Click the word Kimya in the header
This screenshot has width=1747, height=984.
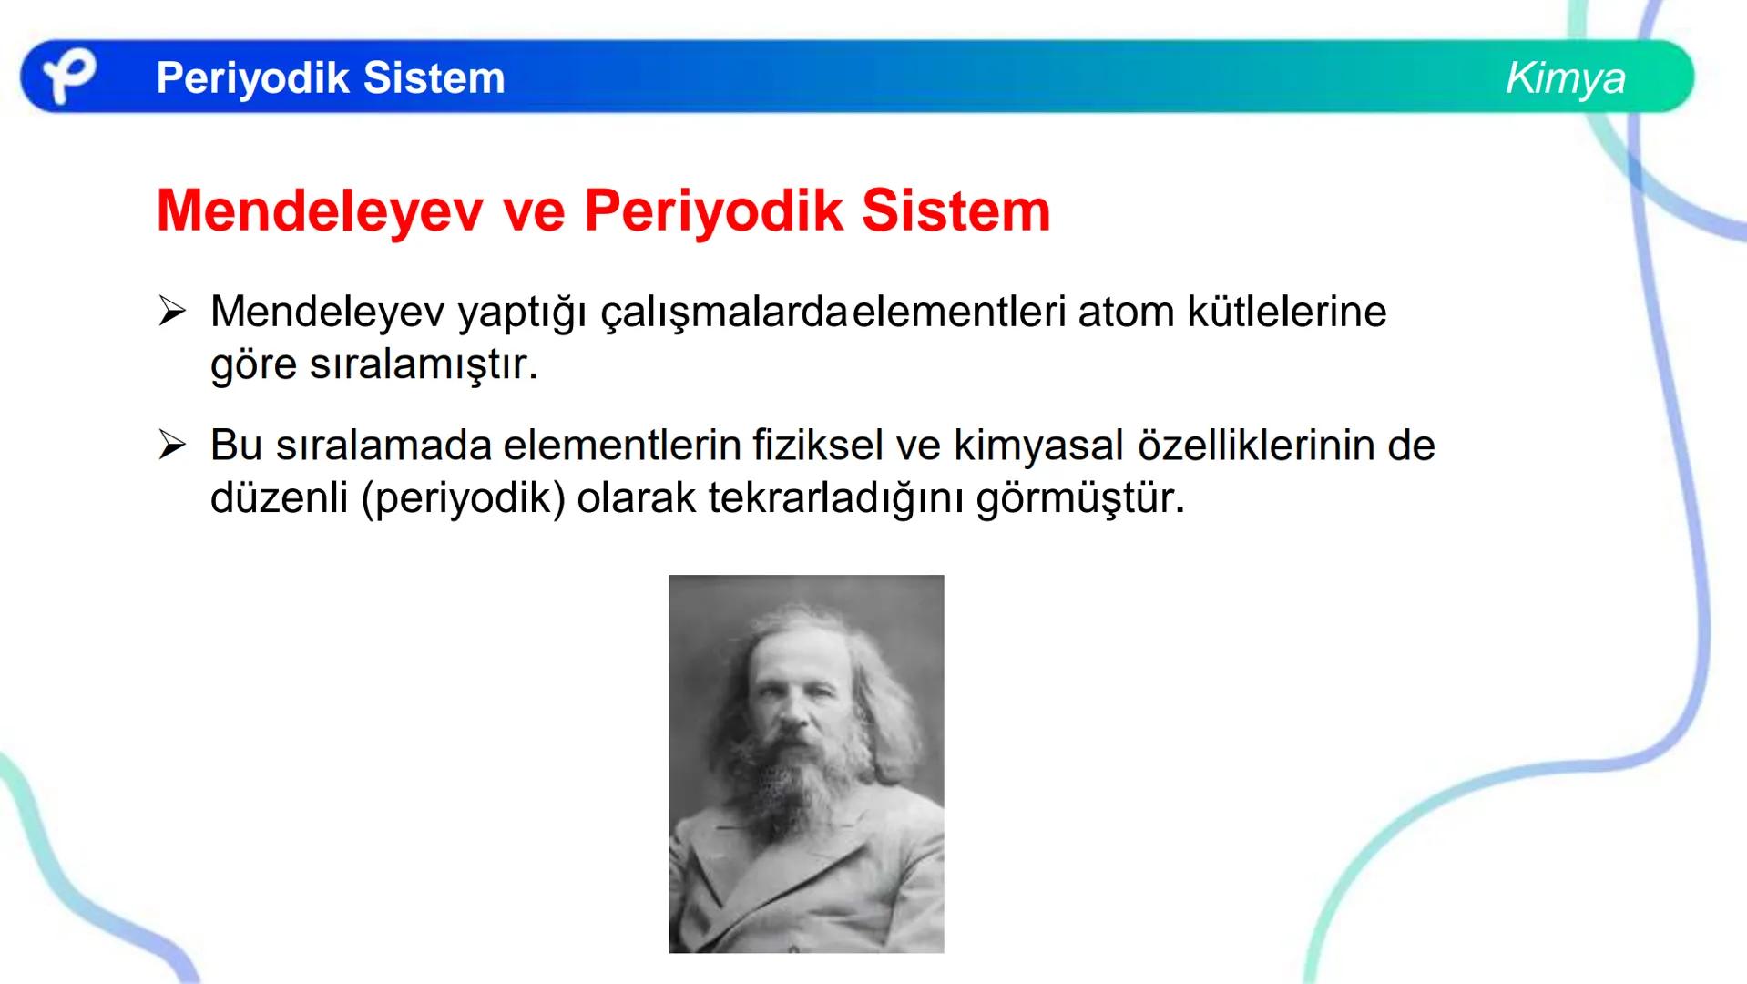coord(1565,78)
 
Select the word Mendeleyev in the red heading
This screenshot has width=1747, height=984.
coord(319,211)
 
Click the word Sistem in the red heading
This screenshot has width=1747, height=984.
coord(955,211)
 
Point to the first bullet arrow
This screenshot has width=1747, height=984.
coord(172,312)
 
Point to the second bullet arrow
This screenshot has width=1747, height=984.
coord(172,446)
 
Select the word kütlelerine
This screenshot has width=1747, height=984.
coord(1286,313)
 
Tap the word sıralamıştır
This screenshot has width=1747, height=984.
coord(424,365)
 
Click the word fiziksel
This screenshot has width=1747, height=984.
coord(818,446)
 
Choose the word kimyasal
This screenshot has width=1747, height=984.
coord(1038,446)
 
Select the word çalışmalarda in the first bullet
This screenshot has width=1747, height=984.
coord(724,313)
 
